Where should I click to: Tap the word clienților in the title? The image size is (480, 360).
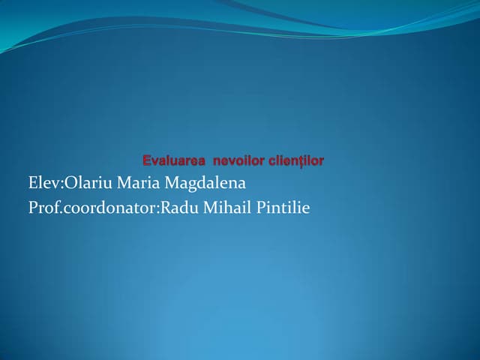coord(295,160)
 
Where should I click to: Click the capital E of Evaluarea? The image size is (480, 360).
coord(146,160)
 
